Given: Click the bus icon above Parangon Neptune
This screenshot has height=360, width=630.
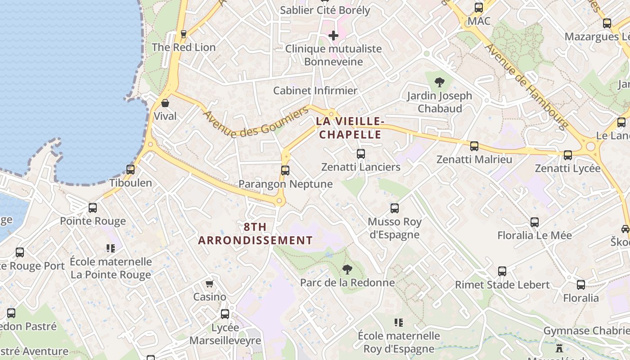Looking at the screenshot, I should [285, 171].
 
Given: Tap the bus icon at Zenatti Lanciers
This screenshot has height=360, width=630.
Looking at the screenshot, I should [360, 154].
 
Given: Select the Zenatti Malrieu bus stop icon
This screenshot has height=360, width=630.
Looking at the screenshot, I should [474, 146].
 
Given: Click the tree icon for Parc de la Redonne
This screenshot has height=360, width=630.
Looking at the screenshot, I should [347, 270].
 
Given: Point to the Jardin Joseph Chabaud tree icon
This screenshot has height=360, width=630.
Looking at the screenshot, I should [440, 82].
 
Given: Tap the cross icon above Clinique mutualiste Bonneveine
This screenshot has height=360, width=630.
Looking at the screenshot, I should [333, 36].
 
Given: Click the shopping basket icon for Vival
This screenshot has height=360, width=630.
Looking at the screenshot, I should [165, 103].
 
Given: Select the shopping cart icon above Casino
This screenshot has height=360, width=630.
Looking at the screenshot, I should [209, 284].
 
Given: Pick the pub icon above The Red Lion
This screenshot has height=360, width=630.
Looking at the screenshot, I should [183, 34].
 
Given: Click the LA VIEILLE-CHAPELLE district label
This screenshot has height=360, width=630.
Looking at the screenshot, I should [350, 128].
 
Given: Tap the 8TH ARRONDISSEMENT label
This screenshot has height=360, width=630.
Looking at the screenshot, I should [256, 234].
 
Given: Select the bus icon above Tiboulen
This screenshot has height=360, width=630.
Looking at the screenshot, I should [130, 170].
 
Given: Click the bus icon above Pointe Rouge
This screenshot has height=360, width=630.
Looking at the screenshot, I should [93, 208].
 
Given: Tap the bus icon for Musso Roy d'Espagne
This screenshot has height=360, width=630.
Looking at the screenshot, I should [395, 208].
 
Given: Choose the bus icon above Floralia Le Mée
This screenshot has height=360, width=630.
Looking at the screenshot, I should [534, 222].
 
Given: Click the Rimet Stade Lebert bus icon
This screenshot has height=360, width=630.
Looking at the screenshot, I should [502, 271].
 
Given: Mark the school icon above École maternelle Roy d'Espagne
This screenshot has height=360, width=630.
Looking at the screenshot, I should [398, 322].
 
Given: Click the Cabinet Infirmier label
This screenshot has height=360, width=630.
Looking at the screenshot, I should [315, 90].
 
